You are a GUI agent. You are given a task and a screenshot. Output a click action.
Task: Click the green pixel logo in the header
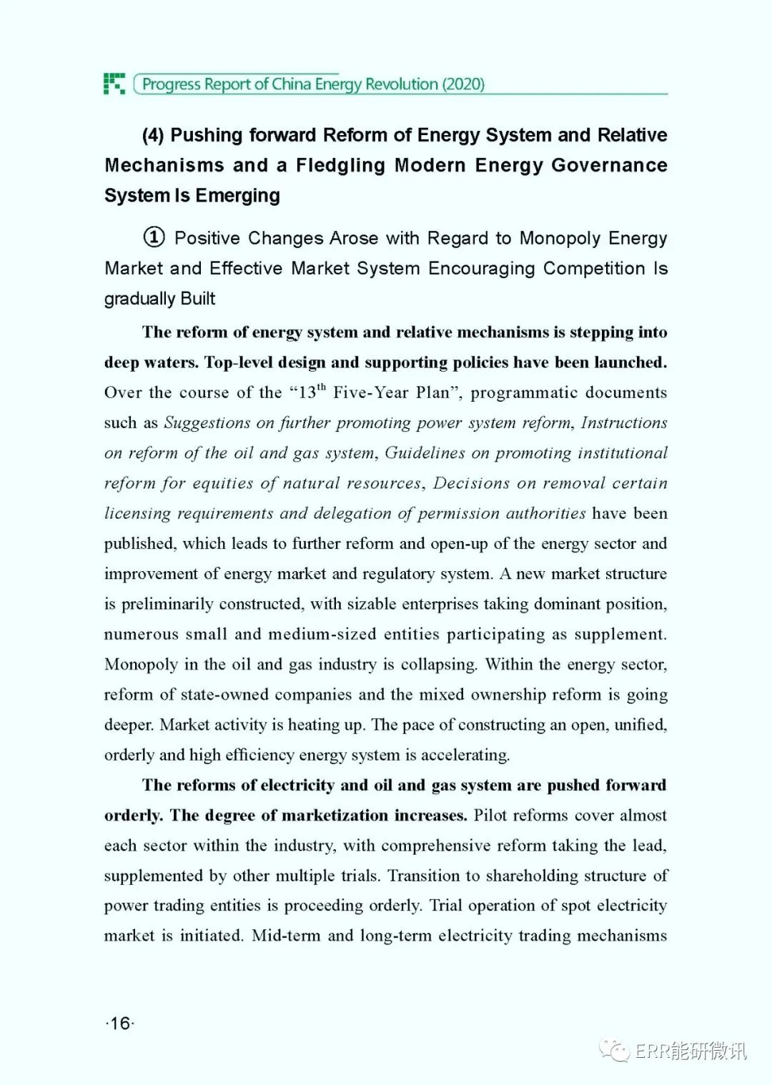pyautogui.click(x=114, y=84)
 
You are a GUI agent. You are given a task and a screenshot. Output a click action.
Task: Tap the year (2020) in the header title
pyautogui.click(x=463, y=84)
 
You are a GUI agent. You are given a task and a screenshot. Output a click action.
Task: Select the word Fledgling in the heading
pyautogui.click(x=340, y=165)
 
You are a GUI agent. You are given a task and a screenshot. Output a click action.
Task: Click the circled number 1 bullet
pyautogui.click(x=154, y=237)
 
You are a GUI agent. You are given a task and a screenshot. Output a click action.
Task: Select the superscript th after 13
pyautogui.click(x=322, y=387)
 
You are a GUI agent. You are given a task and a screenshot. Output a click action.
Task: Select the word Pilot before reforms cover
pyautogui.click(x=491, y=816)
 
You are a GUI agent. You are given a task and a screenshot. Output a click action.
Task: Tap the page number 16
pyautogui.click(x=120, y=1024)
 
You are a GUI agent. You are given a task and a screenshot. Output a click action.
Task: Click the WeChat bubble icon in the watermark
pyautogui.click(x=615, y=1050)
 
